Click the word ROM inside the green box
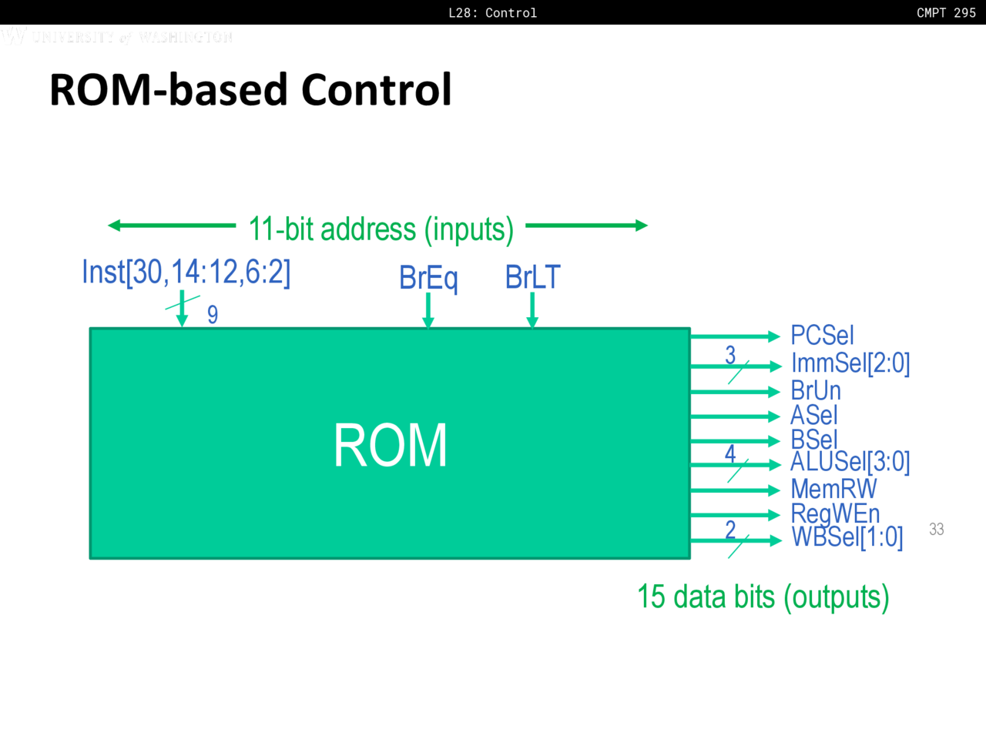click(390, 446)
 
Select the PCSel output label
click(822, 336)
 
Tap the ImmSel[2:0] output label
click(850, 363)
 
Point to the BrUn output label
click(816, 390)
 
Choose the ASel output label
click(813, 416)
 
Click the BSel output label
click(813, 440)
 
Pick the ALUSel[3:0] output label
click(850, 462)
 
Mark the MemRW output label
click(833, 489)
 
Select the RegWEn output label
click(835, 513)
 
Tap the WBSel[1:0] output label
click(847, 537)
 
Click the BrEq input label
click(428, 277)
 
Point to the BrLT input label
click(532, 277)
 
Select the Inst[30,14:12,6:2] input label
click(186, 272)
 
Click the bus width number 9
click(213, 314)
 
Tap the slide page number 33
click(936, 529)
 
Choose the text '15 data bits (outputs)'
click(763, 597)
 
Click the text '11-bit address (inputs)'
click(381, 229)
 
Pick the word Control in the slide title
click(376, 89)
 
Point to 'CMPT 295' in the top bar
click(946, 12)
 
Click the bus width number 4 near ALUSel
click(730, 453)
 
